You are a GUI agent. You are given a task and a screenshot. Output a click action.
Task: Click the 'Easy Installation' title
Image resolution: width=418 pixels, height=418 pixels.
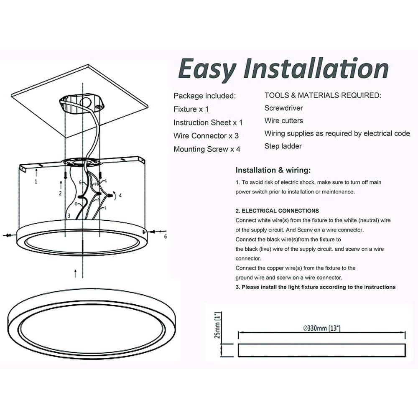pos(283,69)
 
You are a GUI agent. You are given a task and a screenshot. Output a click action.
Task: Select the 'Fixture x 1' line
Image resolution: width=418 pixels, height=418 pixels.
pos(191,109)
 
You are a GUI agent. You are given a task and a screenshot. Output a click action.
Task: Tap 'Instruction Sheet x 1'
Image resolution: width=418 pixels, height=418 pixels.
pos(208,122)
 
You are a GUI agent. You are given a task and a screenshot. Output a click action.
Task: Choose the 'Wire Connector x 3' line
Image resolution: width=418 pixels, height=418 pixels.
pos(206,136)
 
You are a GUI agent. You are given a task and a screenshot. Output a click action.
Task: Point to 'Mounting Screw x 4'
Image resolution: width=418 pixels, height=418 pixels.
pos(207,149)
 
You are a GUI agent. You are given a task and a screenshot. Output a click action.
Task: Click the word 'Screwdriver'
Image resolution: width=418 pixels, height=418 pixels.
pos(284,108)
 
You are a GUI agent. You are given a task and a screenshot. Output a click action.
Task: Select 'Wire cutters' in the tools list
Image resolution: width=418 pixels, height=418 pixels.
pos(284,121)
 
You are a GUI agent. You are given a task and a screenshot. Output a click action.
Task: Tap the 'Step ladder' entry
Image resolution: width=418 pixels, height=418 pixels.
pos(283,146)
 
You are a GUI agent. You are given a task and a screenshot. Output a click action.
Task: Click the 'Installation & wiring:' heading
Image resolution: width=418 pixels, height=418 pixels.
pos(273,171)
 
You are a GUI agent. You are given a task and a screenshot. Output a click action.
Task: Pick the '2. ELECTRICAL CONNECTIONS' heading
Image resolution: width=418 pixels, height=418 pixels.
pos(277,211)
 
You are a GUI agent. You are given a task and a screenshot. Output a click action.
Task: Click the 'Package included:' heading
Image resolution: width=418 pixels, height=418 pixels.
pos(204,96)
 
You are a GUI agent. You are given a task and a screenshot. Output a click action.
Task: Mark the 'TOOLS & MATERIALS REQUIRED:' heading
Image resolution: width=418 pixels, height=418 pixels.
pos(323,95)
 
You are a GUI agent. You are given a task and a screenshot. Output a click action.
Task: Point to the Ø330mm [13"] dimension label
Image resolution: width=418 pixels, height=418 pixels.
pos(322,328)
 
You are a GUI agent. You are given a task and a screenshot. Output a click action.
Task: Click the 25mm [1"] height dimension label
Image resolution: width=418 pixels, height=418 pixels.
pos(217,325)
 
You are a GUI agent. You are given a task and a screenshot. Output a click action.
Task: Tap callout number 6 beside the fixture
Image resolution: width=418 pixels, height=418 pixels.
pos(166,237)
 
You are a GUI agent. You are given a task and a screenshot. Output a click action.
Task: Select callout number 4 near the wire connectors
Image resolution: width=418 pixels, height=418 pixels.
pos(120,196)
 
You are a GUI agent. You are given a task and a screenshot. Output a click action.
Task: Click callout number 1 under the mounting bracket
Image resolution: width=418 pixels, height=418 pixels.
pos(36,181)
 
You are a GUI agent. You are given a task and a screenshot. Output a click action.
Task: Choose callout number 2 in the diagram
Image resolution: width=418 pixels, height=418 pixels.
pos(60,193)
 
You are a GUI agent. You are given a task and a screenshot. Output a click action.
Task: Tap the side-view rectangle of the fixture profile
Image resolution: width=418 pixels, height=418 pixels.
pos(322,350)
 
